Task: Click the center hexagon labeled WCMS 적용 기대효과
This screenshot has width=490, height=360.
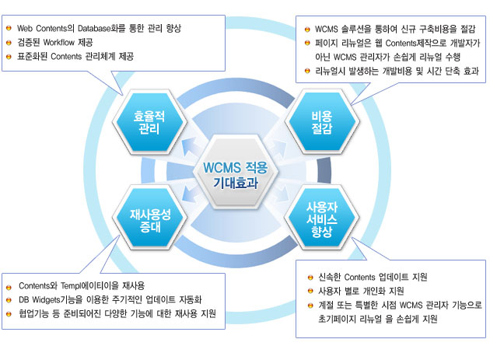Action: (x=236, y=172)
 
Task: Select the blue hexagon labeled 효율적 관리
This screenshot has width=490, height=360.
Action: (x=149, y=122)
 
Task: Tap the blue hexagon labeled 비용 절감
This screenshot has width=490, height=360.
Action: (x=322, y=121)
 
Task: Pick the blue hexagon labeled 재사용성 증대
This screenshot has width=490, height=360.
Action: (x=149, y=218)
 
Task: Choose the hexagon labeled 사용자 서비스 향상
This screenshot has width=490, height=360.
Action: (x=321, y=218)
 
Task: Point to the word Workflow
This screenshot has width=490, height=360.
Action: (x=59, y=42)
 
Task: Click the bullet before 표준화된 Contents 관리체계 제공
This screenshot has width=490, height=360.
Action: (x=9, y=57)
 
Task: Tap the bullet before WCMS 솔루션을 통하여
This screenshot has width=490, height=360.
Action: (x=307, y=30)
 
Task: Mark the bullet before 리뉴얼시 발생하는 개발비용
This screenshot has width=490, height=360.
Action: (x=307, y=71)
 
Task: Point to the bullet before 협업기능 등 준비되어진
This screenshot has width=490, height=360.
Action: (x=9, y=314)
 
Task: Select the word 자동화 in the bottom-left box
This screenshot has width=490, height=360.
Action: (x=191, y=299)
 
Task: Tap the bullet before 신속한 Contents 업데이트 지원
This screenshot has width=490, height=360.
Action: (x=310, y=277)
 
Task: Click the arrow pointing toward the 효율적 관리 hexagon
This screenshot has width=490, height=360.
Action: (x=191, y=146)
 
